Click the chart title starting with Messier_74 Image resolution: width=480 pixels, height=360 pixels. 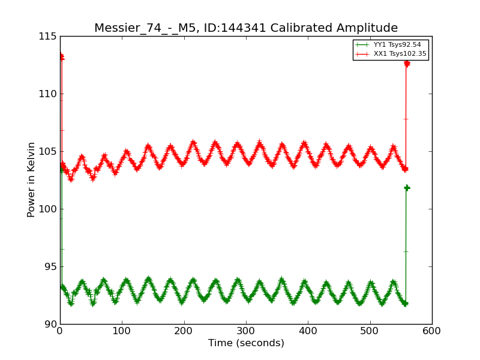pyautogui.click(x=246, y=28)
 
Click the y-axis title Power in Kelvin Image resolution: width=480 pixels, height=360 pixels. pyautogui.click(x=31, y=179)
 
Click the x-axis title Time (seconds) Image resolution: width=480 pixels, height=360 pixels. pyautogui.click(x=246, y=343)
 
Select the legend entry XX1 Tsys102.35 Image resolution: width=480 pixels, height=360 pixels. pyautogui.click(x=400, y=54)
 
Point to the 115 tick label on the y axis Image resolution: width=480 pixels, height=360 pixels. pyautogui.click(x=47, y=37)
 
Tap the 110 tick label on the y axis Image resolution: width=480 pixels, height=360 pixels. pyautogui.click(x=47, y=94)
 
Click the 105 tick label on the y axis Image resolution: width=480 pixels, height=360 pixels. pyautogui.click(x=47, y=152)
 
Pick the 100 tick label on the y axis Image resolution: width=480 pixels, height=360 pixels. pyautogui.click(x=47, y=209)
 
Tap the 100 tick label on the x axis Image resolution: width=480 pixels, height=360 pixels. pyautogui.click(x=122, y=331)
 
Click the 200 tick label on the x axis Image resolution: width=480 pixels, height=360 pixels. pyautogui.click(x=184, y=331)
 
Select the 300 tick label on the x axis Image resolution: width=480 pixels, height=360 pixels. pyautogui.click(x=246, y=331)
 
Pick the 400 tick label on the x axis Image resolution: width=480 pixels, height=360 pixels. pyautogui.click(x=308, y=331)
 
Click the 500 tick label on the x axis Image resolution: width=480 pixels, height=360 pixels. pyautogui.click(x=370, y=331)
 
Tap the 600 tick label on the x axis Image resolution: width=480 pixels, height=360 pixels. pyautogui.click(x=432, y=331)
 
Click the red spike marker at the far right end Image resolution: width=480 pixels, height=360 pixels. pyautogui.click(x=406, y=63)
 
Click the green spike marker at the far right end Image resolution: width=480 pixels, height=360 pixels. pyautogui.click(x=406, y=188)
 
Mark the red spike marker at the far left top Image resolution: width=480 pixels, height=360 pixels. pyautogui.click(x=61, y=57)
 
